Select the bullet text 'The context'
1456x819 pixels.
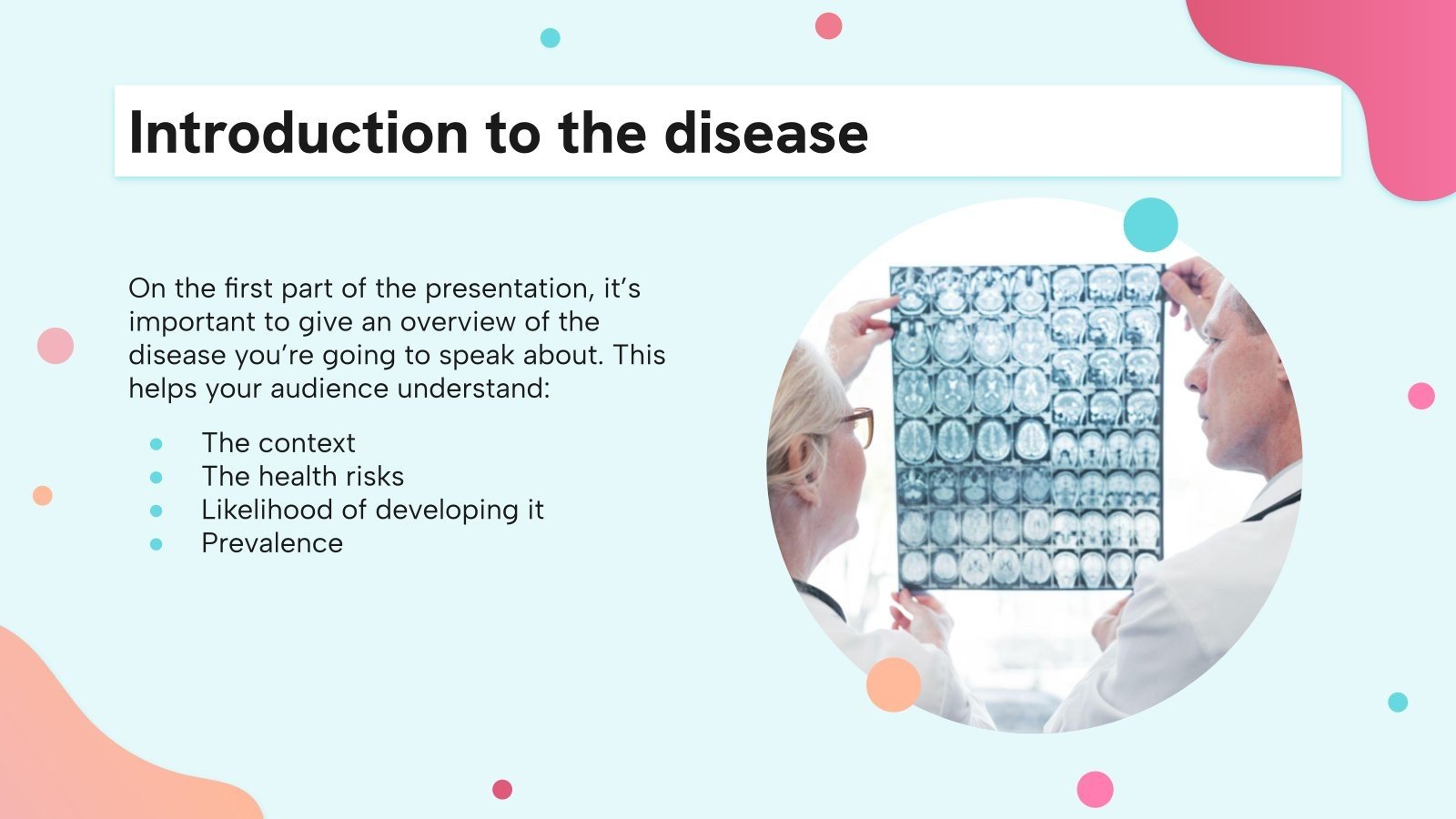coord(278,443)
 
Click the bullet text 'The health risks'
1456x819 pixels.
coord(302,476)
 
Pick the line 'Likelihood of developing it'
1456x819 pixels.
coord(372,510)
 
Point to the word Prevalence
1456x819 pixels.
coord(272,543)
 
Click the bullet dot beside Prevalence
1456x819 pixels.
coord(157,544)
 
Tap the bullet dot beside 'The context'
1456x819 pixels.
coord(157,444)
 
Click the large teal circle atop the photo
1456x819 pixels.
coord(1150,225)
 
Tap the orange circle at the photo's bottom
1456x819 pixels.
coord(894,685)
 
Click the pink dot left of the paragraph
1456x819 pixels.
coord(56,346)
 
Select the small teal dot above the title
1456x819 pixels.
coord(550,37)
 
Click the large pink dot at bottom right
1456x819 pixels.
coord(1095,789)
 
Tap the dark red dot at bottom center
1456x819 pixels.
coord(502,789)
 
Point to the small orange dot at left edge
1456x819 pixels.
coord(42,495)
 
